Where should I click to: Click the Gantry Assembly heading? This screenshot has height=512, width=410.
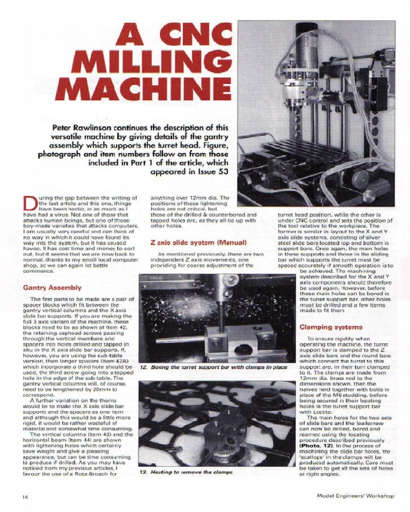click(52, 288)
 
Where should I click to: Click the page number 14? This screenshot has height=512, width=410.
click(25, 496)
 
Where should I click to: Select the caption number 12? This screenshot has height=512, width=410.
click(144, 367)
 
